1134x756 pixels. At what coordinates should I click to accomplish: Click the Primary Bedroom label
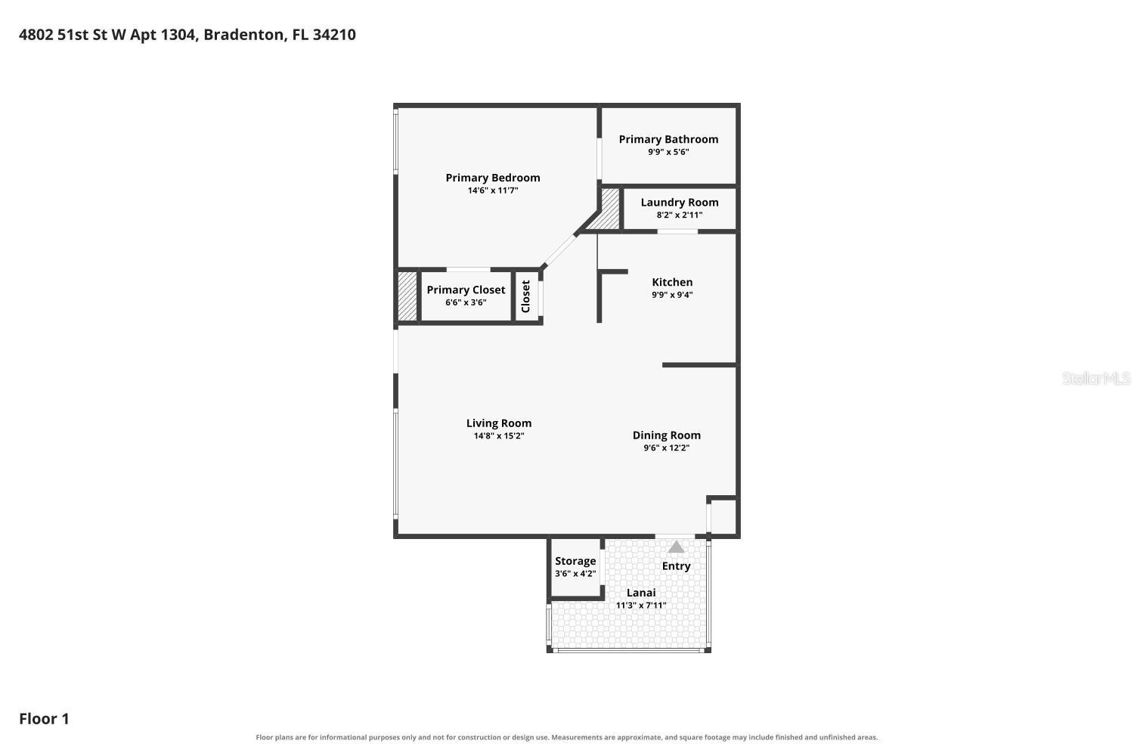click(x=493, y=178)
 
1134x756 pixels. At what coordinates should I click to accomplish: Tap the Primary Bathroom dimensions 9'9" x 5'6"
click(x=668, y=152)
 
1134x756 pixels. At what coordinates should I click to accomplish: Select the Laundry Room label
click(x=680, y=203)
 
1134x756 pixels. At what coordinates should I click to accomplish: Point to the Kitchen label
click(x=672, y=282)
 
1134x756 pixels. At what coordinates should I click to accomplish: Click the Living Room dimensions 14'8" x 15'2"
click(x=499, y=436)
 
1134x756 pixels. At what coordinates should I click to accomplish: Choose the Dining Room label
click(x=666, y=435)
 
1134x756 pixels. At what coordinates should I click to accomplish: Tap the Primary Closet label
click(x=466, y=290)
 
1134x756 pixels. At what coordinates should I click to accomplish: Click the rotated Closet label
click(x=525, y=296)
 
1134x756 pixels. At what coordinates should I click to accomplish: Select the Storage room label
click(x=575, y=561)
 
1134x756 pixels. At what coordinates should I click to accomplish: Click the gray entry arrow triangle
click(x=677, y=547)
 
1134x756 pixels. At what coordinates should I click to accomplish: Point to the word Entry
click(x=676, y=566)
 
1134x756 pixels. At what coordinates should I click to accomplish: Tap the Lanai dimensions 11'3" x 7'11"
click(x=641, y=605)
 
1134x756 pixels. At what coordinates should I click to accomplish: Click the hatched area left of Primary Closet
click(x=407, y=296)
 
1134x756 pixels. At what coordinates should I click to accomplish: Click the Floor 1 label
click(x=44, y=718)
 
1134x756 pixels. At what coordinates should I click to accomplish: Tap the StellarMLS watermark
click(x=1096, y=378)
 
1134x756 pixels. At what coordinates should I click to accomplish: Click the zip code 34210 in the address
click(x=334, y=35)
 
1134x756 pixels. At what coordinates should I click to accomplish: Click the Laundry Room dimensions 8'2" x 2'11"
click(x=680, y=215)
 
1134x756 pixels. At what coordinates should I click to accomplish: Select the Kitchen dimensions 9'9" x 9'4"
click(x=672, y=295)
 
